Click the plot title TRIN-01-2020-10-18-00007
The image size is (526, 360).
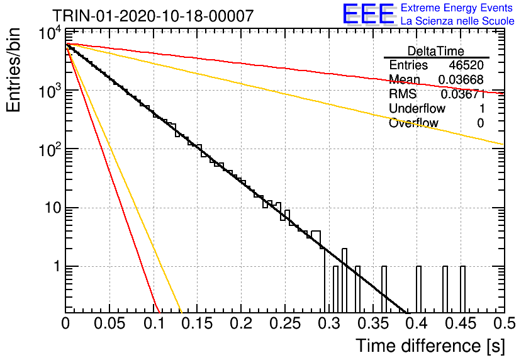pyautogui.click(x=153, y=16)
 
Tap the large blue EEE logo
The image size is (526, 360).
pyautogui.click(x=368, y=14)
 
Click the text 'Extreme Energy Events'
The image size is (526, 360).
pyautogui.click(x=457, y=8)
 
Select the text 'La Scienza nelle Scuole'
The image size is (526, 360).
pyautogui.click(x=457, y=21)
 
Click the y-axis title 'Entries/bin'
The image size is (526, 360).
pyautogui.click(x=13, y=70)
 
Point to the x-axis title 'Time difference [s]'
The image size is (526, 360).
pyautogui.click(x=430, y=346)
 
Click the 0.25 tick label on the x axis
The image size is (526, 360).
pyautogui.click(x=284, y=323)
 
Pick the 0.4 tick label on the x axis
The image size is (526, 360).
pyautogui.click(x=417, y=323)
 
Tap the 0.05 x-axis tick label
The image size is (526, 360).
pyautogui.click(x=109, y=323)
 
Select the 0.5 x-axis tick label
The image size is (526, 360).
pyautogui.click(x=504, y=323)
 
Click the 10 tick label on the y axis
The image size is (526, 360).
pyautogui.click(x=52, y=208)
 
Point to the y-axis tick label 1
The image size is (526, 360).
pyautogui.click(x=57, y=266)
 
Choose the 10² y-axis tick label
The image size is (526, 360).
pyautogui.click(x=50, y=149)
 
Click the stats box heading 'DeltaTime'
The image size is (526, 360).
pyautogui.click(x=435, y=51)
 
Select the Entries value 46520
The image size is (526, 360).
pyautogui.click(x=466, y=65)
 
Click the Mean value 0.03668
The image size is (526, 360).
pyautogui.click(x=461, y=79)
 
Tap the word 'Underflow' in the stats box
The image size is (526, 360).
pyautogui.click(x=417, y=108)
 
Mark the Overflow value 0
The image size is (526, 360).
pyautogui.click(x=480, y=123)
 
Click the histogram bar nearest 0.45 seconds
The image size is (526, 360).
pyautogui.click(x=462, y=290)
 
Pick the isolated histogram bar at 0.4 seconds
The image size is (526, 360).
pyautogui.click(x=418, y=290)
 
